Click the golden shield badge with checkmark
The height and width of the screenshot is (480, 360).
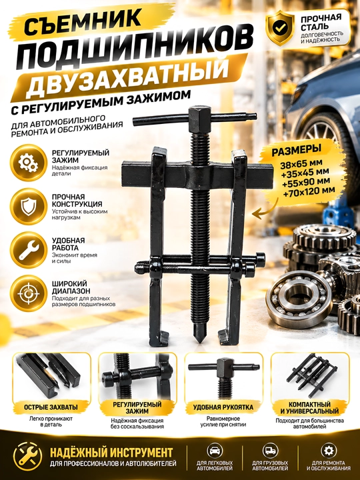point(280,27)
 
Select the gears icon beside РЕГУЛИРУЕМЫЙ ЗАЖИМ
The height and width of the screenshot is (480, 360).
point(28,163)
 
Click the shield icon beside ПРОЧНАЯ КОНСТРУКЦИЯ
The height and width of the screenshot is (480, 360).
point(28,206)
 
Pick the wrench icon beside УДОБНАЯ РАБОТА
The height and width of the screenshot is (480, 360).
point(28,250)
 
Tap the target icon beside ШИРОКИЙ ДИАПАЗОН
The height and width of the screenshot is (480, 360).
point(28,293)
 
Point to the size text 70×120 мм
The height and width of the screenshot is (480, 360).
point(309,191)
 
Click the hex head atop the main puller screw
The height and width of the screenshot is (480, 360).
point(200,115)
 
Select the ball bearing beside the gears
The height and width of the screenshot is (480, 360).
point(299,299)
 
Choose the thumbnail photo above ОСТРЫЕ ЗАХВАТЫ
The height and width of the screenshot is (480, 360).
point(51,377)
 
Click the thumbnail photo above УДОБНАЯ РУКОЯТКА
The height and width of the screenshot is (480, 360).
point(224,377)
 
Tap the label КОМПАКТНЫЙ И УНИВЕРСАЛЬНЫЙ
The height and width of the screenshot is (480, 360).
point(309,408)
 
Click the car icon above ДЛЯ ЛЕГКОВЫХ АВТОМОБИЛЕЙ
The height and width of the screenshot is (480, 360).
point(215,451)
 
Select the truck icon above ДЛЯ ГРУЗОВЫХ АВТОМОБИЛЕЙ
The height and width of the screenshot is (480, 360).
point(270,451)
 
